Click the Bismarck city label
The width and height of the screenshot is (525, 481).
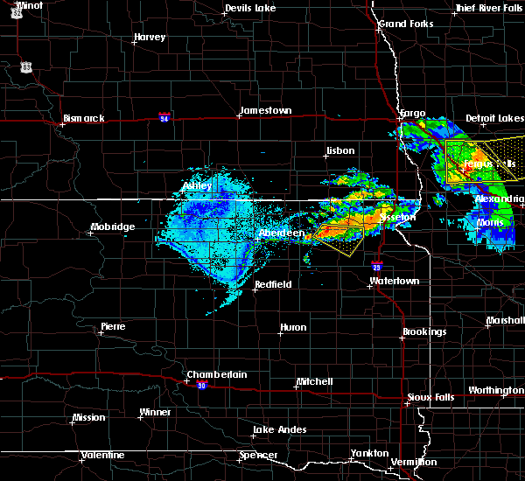coord(84,118)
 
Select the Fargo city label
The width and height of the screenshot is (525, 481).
coord(412,113)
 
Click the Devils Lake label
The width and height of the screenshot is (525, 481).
coord(249,9)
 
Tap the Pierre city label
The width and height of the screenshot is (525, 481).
coord(113,326)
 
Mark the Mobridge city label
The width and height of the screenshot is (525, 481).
coord(113,227)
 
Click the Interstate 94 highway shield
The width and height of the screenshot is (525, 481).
coord(164,115)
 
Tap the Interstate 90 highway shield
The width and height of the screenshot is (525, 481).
coord(201,386)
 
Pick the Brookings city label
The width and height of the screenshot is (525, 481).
coord(424,331)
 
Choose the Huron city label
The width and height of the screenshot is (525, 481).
coord(293,328)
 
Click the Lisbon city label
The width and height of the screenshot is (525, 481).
coord(339,150)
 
